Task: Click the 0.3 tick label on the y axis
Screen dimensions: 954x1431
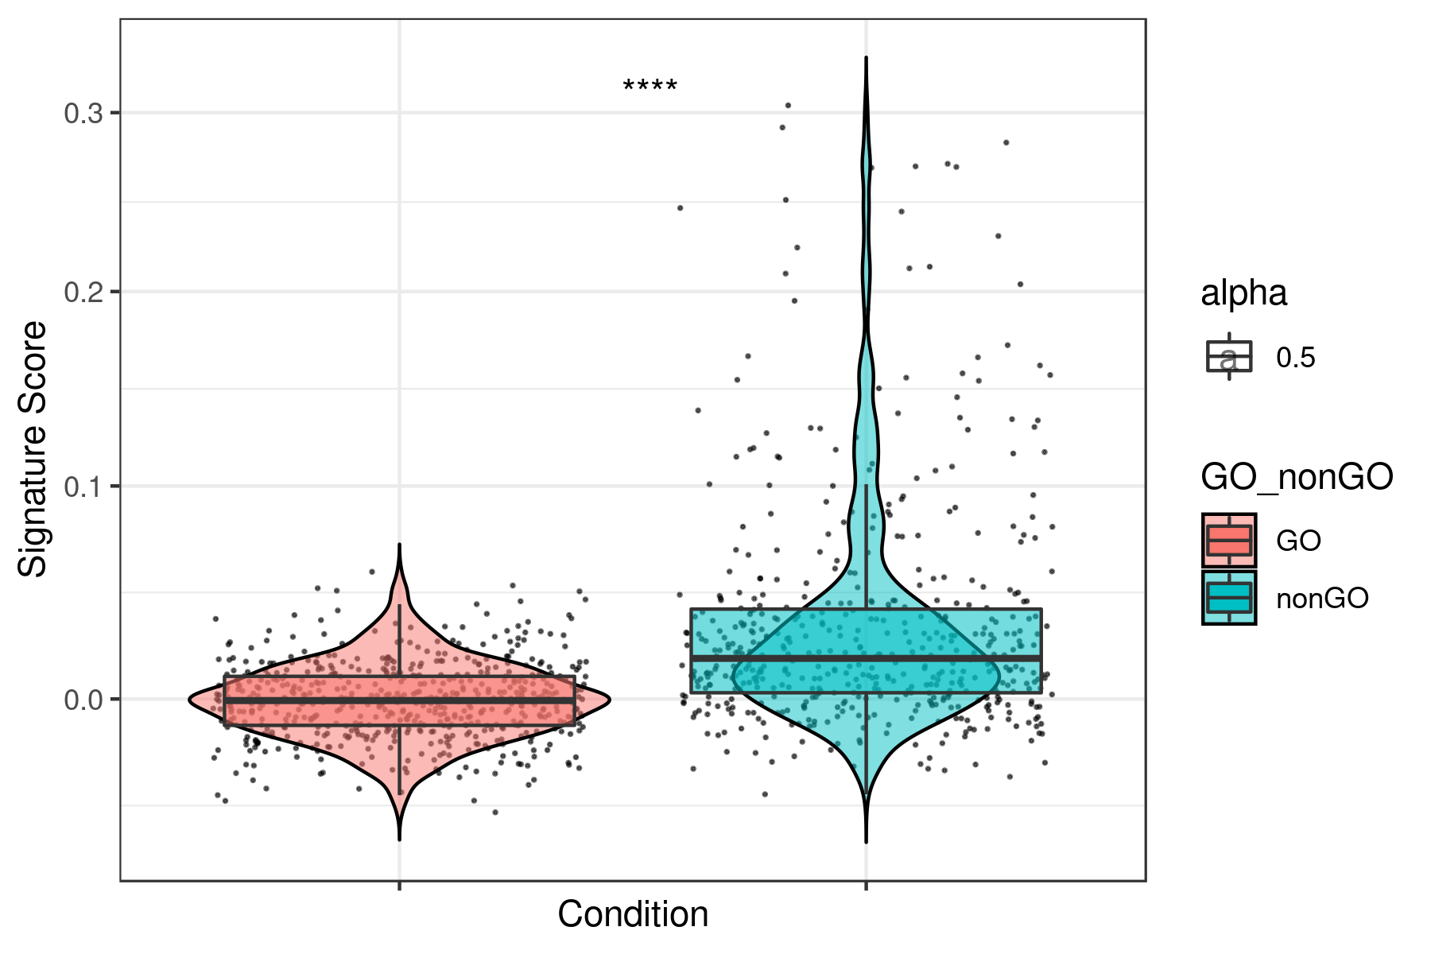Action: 83,114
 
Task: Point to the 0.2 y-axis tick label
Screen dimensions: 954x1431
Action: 83,293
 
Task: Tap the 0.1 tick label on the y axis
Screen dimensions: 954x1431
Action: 83,487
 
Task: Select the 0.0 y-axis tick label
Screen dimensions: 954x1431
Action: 83,700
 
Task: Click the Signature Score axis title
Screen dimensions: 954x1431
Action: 33,449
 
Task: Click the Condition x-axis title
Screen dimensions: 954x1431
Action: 633,914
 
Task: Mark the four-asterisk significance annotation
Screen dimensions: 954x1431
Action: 650,86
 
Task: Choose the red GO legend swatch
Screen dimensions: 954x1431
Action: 1229,541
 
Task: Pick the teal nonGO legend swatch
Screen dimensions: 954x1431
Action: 1229,598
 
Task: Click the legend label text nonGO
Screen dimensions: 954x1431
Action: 1322,599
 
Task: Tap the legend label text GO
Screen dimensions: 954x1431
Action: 1298,541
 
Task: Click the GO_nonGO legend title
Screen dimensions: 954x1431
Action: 1297,477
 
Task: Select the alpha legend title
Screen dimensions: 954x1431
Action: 1243,293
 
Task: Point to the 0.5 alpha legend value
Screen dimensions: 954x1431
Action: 1296,358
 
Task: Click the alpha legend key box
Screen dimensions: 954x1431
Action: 1229,357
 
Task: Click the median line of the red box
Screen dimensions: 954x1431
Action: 399,700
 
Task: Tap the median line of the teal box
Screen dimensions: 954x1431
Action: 866,658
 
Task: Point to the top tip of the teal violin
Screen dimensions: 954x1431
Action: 866,59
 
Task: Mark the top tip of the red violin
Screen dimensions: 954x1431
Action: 399,546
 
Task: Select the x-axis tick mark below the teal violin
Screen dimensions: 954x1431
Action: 866,886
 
